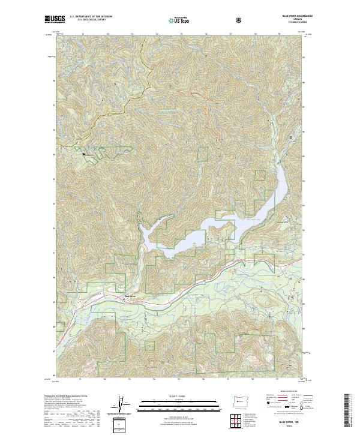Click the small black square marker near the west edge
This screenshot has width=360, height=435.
84,154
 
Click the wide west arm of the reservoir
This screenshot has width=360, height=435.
150,234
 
